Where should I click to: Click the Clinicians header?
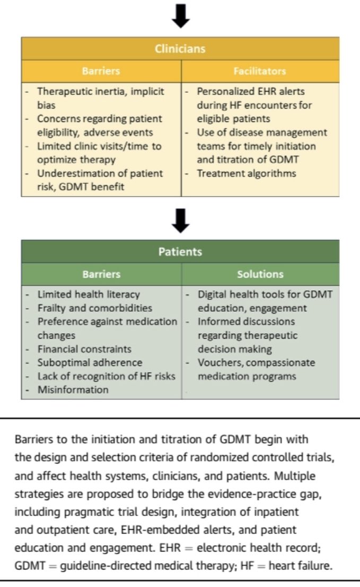point(180,49)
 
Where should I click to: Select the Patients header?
point(180,252)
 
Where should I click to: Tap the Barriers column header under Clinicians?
point(101,71)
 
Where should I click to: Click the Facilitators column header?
point(260,71)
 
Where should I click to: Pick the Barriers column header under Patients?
point(101,274)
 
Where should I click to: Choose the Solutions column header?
point(260,274)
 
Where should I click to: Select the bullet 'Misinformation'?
point(73,390)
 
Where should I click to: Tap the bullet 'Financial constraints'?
point(84,349)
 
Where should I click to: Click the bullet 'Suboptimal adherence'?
point(90,363)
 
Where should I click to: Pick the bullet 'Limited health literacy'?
point(88,294)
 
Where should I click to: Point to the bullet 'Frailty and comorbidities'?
point(94,308)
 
